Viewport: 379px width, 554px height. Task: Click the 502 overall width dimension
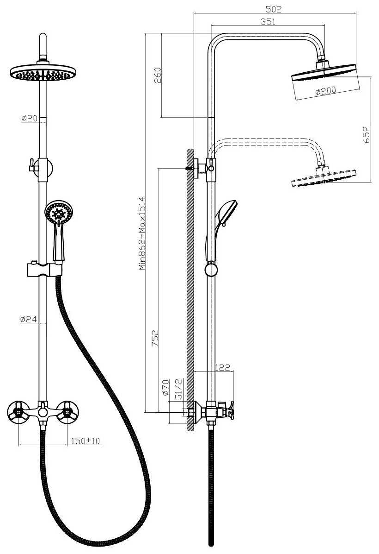point(274,9)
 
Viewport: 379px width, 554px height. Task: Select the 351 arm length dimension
point(268,22)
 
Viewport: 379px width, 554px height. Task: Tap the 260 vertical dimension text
point(157,75)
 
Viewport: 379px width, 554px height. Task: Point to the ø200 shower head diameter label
point(325,91)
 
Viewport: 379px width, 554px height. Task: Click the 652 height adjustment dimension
point(367,135)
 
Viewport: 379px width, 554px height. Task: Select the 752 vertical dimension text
point(155,338)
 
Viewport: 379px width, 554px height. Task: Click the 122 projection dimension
point(223,367)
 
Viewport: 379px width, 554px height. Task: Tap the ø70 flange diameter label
point(166,388)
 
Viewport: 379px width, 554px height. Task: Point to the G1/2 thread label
point(179,390)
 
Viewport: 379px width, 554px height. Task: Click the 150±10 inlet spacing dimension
point(86,441)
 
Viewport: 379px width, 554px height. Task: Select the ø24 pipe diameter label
point(29,319)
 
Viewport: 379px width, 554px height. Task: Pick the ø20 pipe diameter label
point(29,119)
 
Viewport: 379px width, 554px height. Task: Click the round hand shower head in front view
point(59,213)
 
